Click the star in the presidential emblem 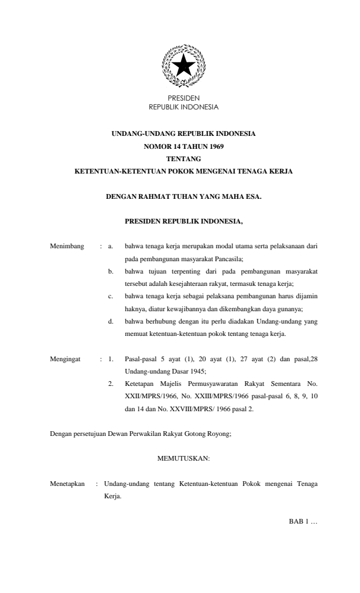184,65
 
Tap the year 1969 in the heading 214,146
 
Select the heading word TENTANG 184,158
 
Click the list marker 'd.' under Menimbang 111,322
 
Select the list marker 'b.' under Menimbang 111,272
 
